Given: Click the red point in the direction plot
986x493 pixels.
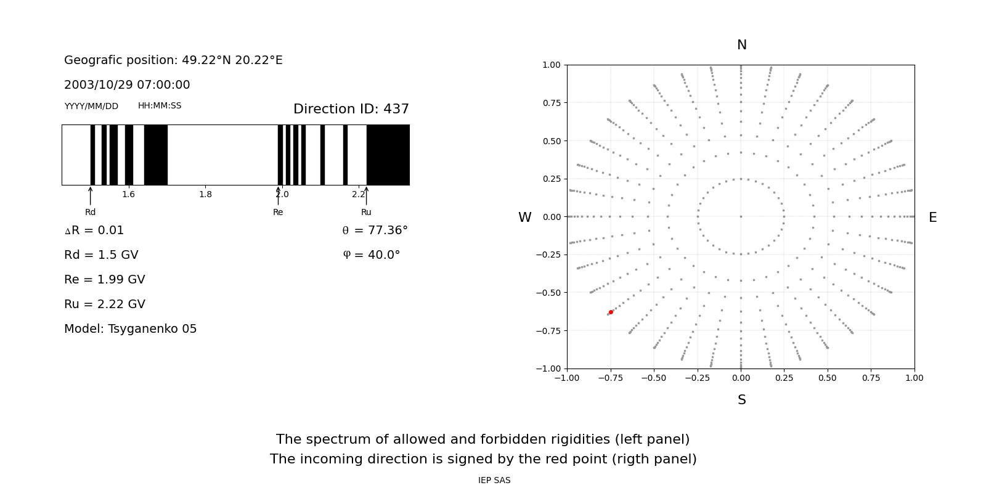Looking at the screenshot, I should [611, 312].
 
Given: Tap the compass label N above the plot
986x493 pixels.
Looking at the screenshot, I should [742, 45].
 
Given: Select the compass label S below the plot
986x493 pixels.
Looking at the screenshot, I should [742, 400].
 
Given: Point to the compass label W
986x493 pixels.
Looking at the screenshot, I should [524, 218].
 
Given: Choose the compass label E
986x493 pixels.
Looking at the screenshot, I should [932, 218].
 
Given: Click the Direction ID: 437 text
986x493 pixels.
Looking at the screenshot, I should [351, 109].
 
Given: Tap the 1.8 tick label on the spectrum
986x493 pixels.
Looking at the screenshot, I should [205, 195].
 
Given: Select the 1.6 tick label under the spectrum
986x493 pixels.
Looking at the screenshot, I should [128, 195].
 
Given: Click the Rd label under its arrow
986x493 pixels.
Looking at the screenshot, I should [91, 213].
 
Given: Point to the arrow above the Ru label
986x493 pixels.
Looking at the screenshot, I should [366, 195].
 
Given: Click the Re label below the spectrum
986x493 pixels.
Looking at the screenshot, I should [278, 213].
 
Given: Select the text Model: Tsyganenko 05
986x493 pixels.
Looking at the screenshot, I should [131, 329].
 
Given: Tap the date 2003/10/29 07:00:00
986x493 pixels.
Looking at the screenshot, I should [127, 85].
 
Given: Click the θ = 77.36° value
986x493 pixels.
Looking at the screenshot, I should [375, 230].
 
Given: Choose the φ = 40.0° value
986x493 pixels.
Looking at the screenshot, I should [372, 255].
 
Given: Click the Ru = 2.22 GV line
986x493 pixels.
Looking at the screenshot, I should [105, 304].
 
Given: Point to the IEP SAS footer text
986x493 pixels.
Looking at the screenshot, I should [494, 481].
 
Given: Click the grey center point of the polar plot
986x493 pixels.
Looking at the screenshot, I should [741, 216].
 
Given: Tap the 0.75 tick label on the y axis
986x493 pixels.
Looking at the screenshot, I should [551, 103].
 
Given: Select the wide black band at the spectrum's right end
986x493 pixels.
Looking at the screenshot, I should [388, 155].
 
